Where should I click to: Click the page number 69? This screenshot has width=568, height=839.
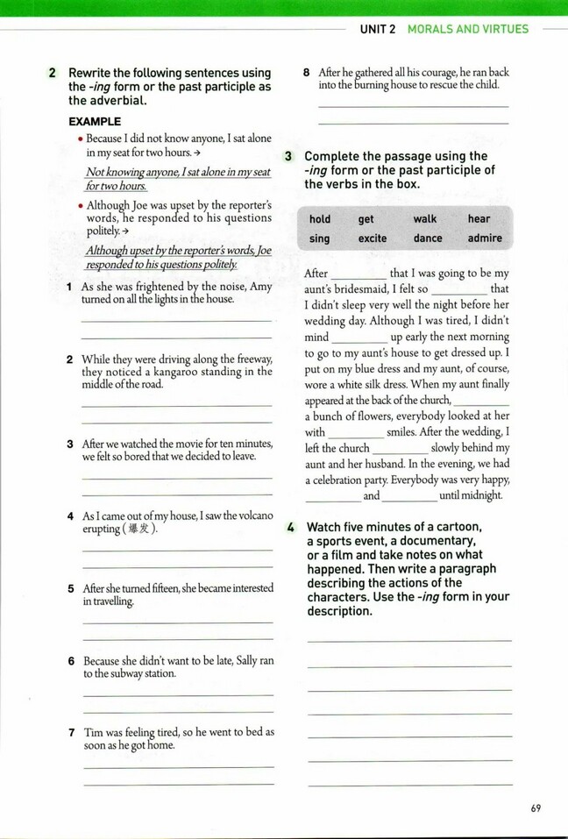point(536,808)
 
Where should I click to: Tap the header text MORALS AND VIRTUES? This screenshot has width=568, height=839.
point(468,29)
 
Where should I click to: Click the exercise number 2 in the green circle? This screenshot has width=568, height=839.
point(53,73)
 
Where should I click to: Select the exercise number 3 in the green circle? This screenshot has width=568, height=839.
point(289,156)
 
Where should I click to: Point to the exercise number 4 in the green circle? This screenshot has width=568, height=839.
point(290,527)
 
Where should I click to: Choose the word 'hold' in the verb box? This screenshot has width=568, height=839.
point(320,219)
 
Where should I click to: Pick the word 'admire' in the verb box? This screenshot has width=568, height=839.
point(485,238)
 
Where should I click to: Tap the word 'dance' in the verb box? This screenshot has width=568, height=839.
point(428,238)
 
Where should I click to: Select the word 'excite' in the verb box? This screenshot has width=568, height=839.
point(373,238)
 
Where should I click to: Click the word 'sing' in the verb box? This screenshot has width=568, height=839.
point(320,238)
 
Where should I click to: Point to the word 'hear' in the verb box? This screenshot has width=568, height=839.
point(479,219)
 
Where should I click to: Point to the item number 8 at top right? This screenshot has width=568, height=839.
point(306,73)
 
